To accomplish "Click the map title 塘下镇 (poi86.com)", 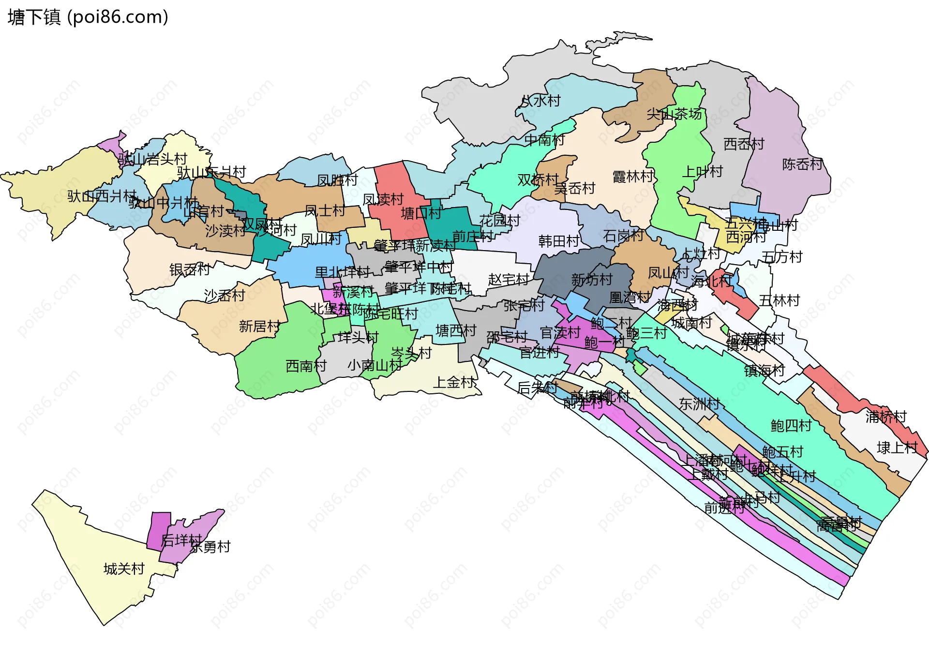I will (x=88, y=17).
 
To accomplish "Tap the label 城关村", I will (x=124, y=569).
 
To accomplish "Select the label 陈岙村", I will (x=802, y=164).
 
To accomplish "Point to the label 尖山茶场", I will (x=674, y=115).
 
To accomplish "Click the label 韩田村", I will (x=559, y=241).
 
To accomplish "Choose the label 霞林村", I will (x=633, y=177).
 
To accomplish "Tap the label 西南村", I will (x=306, y=366).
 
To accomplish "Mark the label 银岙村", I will (x=189, y=270).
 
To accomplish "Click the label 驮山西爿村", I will (x=102, y=196).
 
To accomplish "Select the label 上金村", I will (x=453, y=383).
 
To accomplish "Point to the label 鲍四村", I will (x=791, y=426).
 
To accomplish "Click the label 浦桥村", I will (x=885, y=417).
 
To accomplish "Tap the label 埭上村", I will (x=897, y=448).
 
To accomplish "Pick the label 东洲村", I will (x=699, y=404).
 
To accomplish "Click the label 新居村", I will (x=259, y=327).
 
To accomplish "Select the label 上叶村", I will (x=702, y=172).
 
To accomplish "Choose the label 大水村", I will (x=540, y=101).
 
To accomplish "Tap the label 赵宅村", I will (x=508, y=280).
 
